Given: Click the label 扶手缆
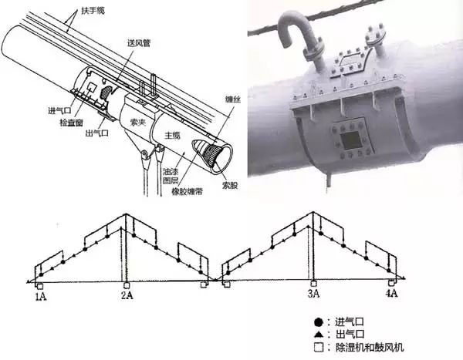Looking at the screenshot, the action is point(93,12).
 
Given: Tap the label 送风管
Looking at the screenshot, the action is point(139,43).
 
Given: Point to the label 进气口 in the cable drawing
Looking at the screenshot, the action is point(59,111).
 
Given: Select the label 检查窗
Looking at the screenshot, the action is point(71,123).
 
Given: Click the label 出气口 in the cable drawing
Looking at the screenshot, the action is point(97,133).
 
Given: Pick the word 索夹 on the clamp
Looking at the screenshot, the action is point(137,122).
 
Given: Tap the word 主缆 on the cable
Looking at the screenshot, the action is point(172,135).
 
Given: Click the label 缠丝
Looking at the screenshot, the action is point(233,99).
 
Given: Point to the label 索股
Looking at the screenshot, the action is point(230,185).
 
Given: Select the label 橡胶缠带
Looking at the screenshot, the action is point(188,191).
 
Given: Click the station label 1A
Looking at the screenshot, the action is point(41,296).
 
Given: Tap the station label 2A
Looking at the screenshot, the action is point(127,294).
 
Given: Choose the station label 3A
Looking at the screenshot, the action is point(313,294).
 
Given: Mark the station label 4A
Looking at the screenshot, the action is point(391,293).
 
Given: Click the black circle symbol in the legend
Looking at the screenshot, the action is point(318,322).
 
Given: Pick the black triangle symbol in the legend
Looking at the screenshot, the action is point(318,335).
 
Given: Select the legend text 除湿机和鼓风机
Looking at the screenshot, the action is point(370,348).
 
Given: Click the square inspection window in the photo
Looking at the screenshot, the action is point(351,140).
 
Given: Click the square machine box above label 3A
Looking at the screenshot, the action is point(313,283).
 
